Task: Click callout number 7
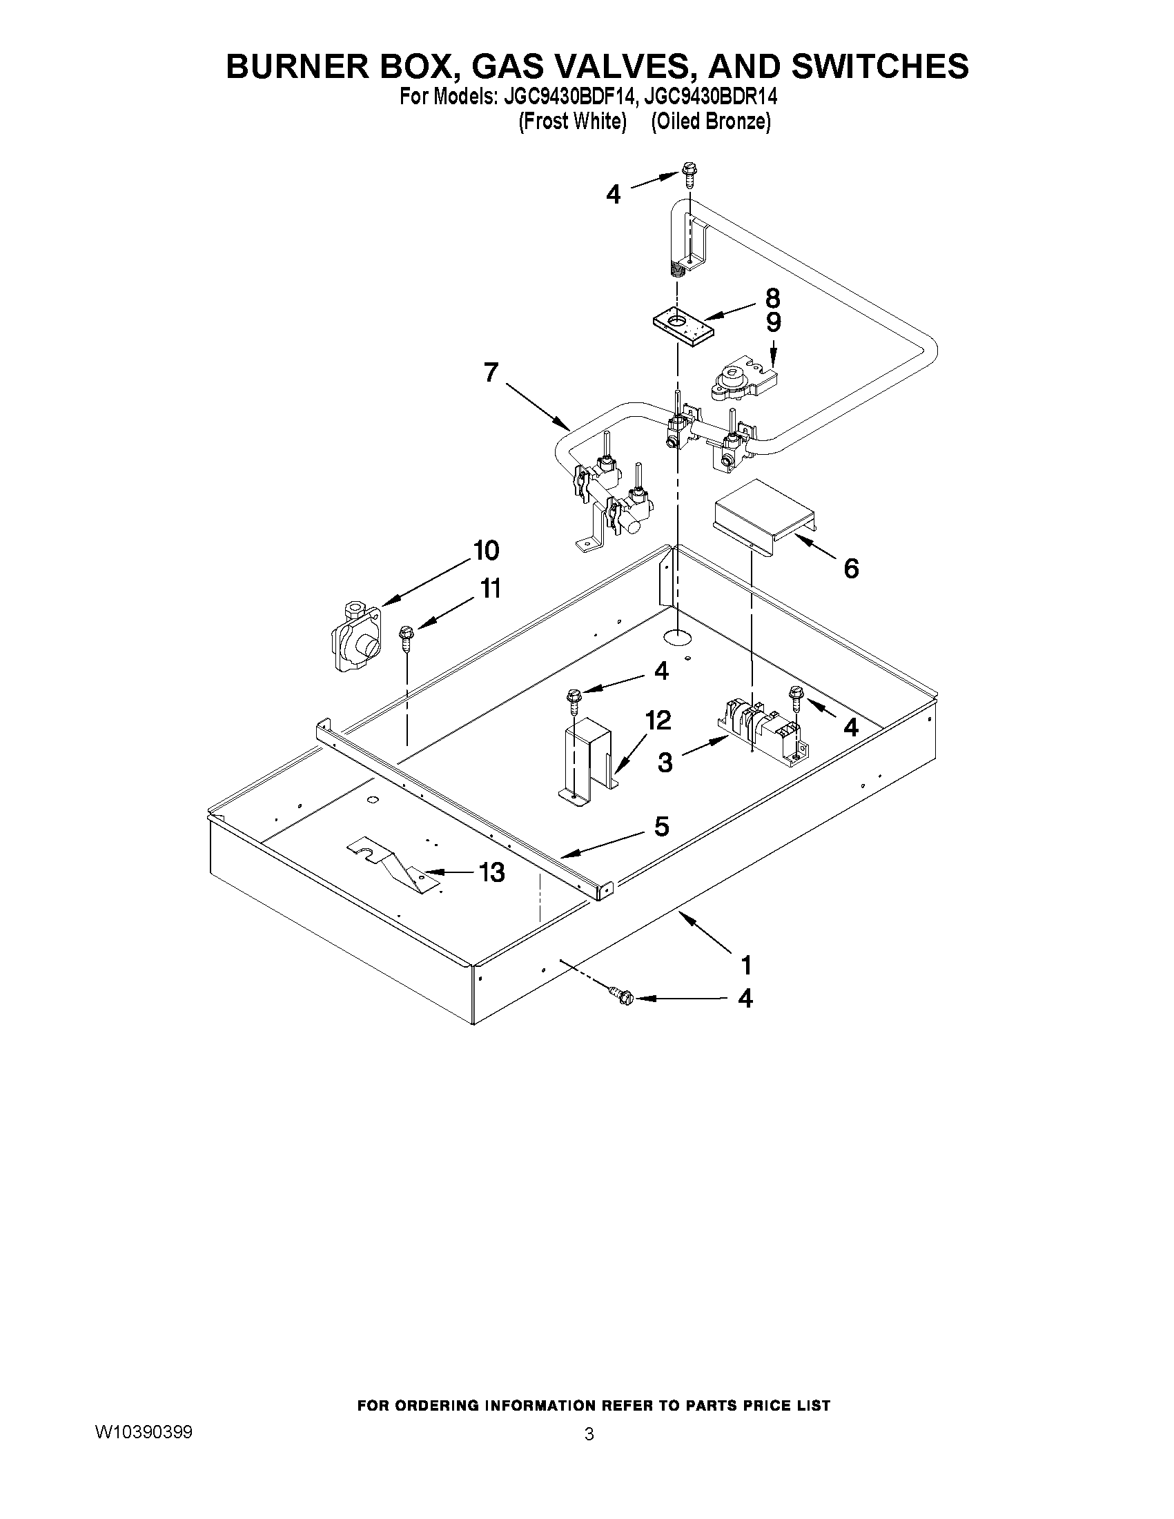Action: (x=491, y=373)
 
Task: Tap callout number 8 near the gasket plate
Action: (x=773, y=298)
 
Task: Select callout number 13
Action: (x=492, y=872)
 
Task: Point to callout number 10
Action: (x=486, y=550)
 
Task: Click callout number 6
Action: (x=850, y=568)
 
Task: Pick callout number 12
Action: (x=657, y=720)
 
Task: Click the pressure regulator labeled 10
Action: (x=355, y=638)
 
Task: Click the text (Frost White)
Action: (x=572, y=121)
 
